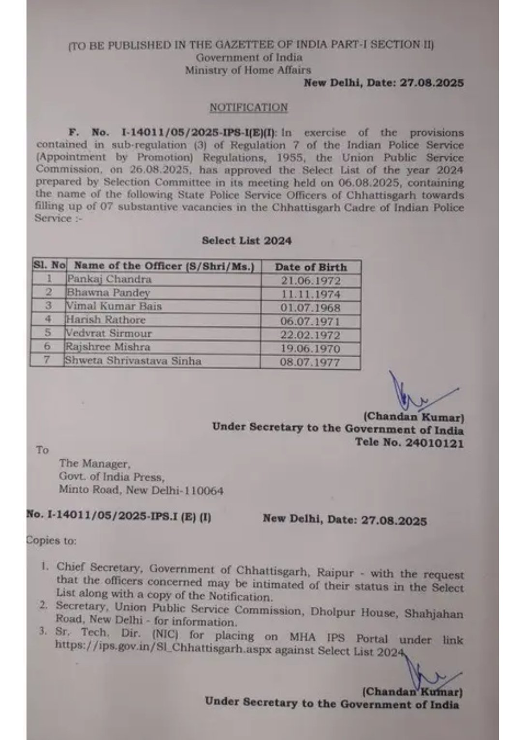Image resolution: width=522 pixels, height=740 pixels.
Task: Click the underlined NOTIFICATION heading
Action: tap(248, 107)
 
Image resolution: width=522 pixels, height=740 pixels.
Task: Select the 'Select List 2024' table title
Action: tap(246, 241)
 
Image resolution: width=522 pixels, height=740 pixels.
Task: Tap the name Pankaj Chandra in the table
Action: tap(109, 279)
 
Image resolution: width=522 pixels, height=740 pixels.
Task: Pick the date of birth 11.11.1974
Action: tap(311, 294)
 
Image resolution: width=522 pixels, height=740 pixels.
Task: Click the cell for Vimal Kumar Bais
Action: tap(114, 306)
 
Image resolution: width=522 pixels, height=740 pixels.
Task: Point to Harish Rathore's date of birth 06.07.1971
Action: tap(311, 321)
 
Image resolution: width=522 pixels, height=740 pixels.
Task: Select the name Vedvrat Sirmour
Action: tap(109, 333)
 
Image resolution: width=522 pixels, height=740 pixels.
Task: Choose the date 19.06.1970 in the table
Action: tap(311, 348)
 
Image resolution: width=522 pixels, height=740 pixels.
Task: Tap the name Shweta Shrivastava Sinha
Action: tap(133, 361)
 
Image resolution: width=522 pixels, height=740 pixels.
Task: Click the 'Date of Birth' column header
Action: tap(311, 267)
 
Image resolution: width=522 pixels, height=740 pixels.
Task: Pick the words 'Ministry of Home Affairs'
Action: tap(248, 70)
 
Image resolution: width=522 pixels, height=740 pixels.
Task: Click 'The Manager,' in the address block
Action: tap(94, 463)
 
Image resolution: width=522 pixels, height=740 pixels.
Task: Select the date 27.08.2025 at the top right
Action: tap(432, 83)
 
